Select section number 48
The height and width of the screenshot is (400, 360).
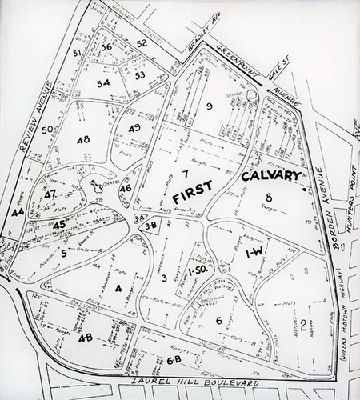pos(83,139)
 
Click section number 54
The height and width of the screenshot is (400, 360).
pos(102,83)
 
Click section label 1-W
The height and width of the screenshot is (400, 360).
pos(254,253)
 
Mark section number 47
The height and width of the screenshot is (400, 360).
pos(50,195)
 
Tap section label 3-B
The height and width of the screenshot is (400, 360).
pos(150,226)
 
